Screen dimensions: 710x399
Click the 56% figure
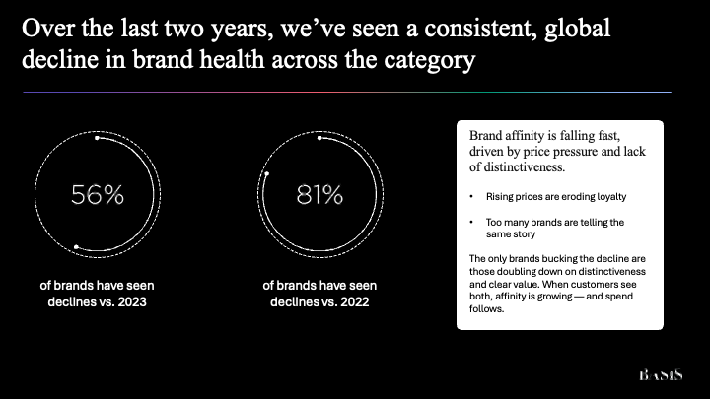(x=98, y=195)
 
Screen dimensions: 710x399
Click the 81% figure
(x=319, y=195)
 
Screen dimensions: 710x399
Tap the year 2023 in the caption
(x=132, y=301)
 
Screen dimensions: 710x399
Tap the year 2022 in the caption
(x=355, y=301)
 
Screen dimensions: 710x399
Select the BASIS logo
(x=661, y=375)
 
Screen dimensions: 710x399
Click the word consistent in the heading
(x=477, y=28)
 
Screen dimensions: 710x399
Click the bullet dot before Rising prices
(x=471, y=197)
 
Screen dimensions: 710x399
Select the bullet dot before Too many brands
(x=471, y=222)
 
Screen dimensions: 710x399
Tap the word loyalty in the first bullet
(x=611, y=197)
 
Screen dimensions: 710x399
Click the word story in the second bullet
(x=525, y=234)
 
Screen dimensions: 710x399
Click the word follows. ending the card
(x=486, y=309)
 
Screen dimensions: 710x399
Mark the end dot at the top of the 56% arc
(x=97, y=138)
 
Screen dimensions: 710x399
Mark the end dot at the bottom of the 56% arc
(x=76, y=247)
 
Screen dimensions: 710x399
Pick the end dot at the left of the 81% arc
(x=267, y=173)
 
